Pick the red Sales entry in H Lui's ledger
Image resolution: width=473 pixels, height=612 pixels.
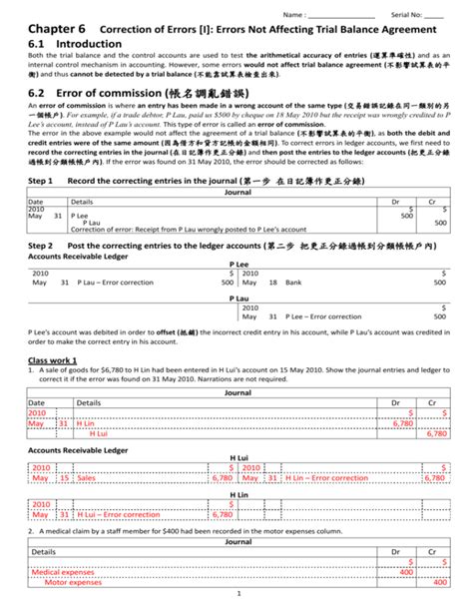[88, 477]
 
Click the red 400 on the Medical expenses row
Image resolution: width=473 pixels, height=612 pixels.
[405, 572]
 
